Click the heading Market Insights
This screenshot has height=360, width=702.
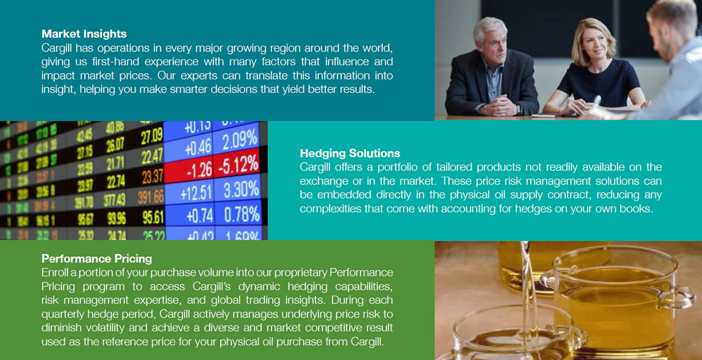84,34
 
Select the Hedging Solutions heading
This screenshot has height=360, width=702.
350,153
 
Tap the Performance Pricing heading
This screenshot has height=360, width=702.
97,258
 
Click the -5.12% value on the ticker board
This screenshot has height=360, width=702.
239,164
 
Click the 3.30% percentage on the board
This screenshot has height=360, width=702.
241,190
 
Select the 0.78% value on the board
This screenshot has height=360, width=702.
241,215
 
